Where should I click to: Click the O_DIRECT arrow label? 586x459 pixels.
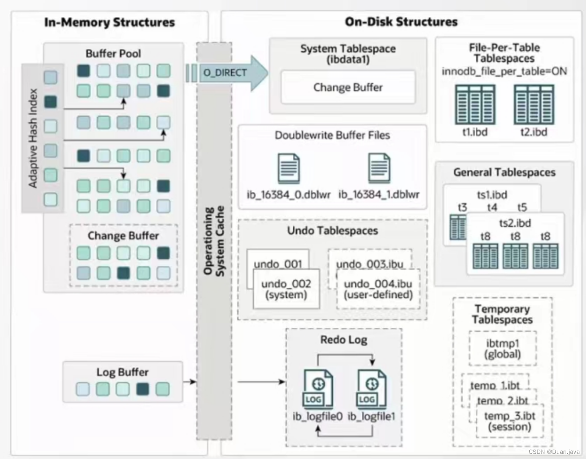(225, 73)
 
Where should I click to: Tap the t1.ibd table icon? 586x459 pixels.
(475, 104)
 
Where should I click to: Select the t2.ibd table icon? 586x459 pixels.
(534, 104)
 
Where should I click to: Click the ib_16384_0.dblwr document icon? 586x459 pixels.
(289, 169)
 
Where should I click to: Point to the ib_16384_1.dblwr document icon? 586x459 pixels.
(379, 169)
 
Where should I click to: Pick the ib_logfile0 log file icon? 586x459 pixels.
(318, 389)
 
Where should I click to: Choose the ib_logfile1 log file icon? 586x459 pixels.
(371, 389)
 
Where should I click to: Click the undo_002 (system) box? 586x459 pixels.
(286, 289)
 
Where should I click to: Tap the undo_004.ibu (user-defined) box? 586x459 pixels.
(378, 289)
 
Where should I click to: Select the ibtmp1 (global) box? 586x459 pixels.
(502, 349)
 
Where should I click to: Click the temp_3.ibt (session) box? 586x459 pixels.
(510, 421)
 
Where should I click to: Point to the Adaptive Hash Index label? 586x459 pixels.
(33, 138)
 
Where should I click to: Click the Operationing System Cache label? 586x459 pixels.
(214, 241)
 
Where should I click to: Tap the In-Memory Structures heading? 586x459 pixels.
(109, 22)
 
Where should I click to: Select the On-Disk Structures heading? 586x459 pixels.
(401, 22)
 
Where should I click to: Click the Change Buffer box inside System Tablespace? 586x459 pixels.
(348, 87)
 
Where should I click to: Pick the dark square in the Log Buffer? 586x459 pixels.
(143, 389)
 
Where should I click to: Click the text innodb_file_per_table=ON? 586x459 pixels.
(504, 71)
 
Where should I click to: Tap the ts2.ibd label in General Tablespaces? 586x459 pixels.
(515, 223)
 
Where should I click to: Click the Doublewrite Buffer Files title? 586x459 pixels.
(332, 135)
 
